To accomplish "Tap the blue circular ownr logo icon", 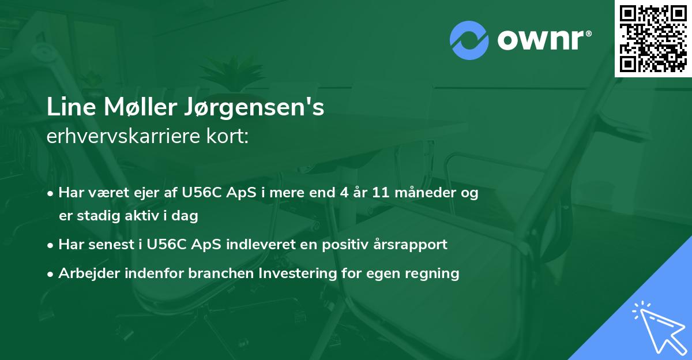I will (x=469, y=40).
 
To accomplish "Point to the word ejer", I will (x=143, y=193).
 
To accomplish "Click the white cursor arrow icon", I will (x=657, y=327).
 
